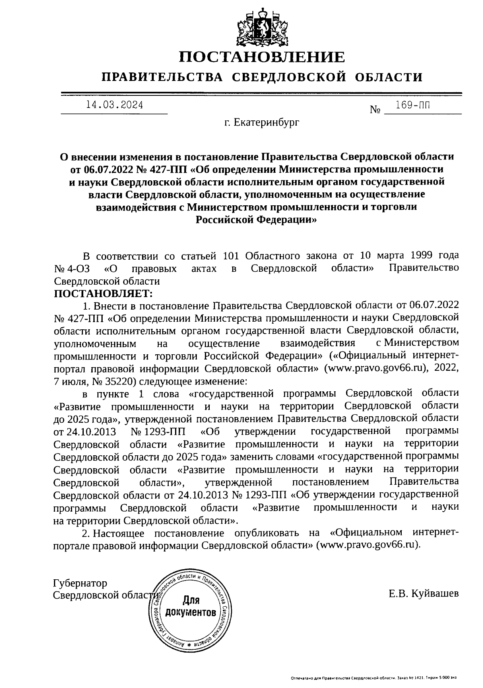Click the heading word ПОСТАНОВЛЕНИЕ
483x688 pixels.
(262, 57)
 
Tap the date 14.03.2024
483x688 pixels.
(114, 105)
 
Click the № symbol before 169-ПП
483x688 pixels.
(375, 110)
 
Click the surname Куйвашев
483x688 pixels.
(435, 594)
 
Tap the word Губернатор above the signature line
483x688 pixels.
(80, 583)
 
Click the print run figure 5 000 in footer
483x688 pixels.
(443, 678)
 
